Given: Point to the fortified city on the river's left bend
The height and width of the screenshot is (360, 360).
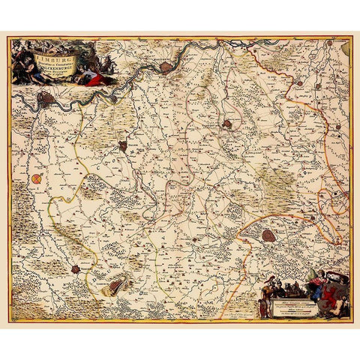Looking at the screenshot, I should click(46, 98).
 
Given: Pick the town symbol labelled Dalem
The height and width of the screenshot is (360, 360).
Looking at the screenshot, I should click(121, 145).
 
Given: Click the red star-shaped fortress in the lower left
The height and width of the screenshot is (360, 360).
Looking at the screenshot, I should click(76, 268).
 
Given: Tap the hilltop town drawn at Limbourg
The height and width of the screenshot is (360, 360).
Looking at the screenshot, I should click(117, 284).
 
